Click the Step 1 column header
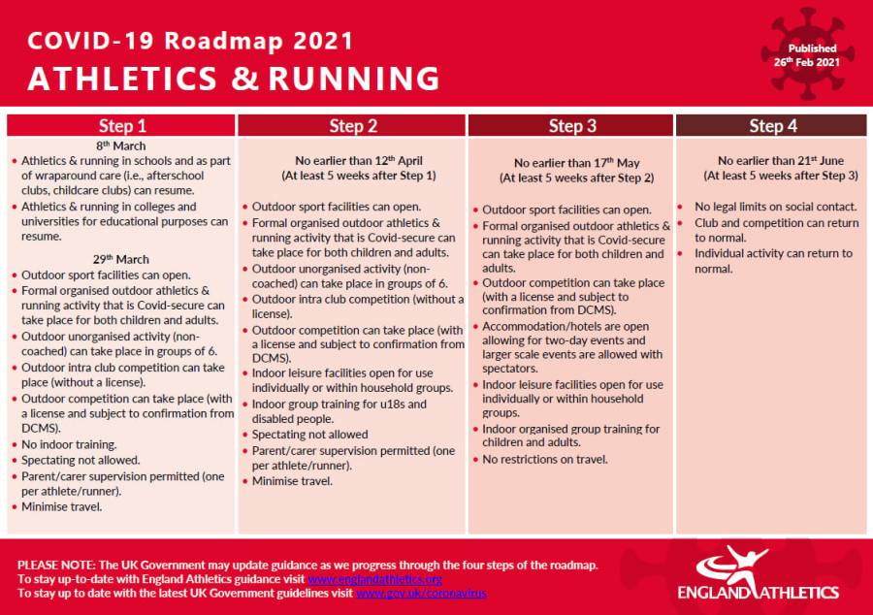pyautogui.click(x=121, y=126)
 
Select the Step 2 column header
pyautogui.click(x=352, y=126)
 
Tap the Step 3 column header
pyautogui.click(x=570, y=126)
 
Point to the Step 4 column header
pyautogui.click(x=772, y=126)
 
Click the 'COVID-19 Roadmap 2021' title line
pyautogui.click(x=190, y=41)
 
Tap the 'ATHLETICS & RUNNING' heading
pyautogui.click(x=234, y=78)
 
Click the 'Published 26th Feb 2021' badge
pyautogui.click(x=807, y=55)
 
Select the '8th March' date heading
pyautogui.click(x=121, y=146)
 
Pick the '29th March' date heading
pyautogui.click(x=121, y=259)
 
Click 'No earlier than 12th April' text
pyautogui.click(x=359, y=161)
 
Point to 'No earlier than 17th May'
pyautogui.click(x=576, y=163)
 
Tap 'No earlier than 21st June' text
pyautogui.click(x=781, y=161)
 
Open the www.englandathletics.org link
pyautogui.click(x=374, y=579)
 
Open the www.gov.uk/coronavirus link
pyautogui.click(x=421, y=594)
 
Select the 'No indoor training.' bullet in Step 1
pyautogui.click(x=69, y=444)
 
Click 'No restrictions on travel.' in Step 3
pyautogui.click(x=545, y=460)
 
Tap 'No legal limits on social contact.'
pyautogui.click(x=776, y=207)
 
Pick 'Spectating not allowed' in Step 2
pyautogui.click(x=309, y=435)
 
